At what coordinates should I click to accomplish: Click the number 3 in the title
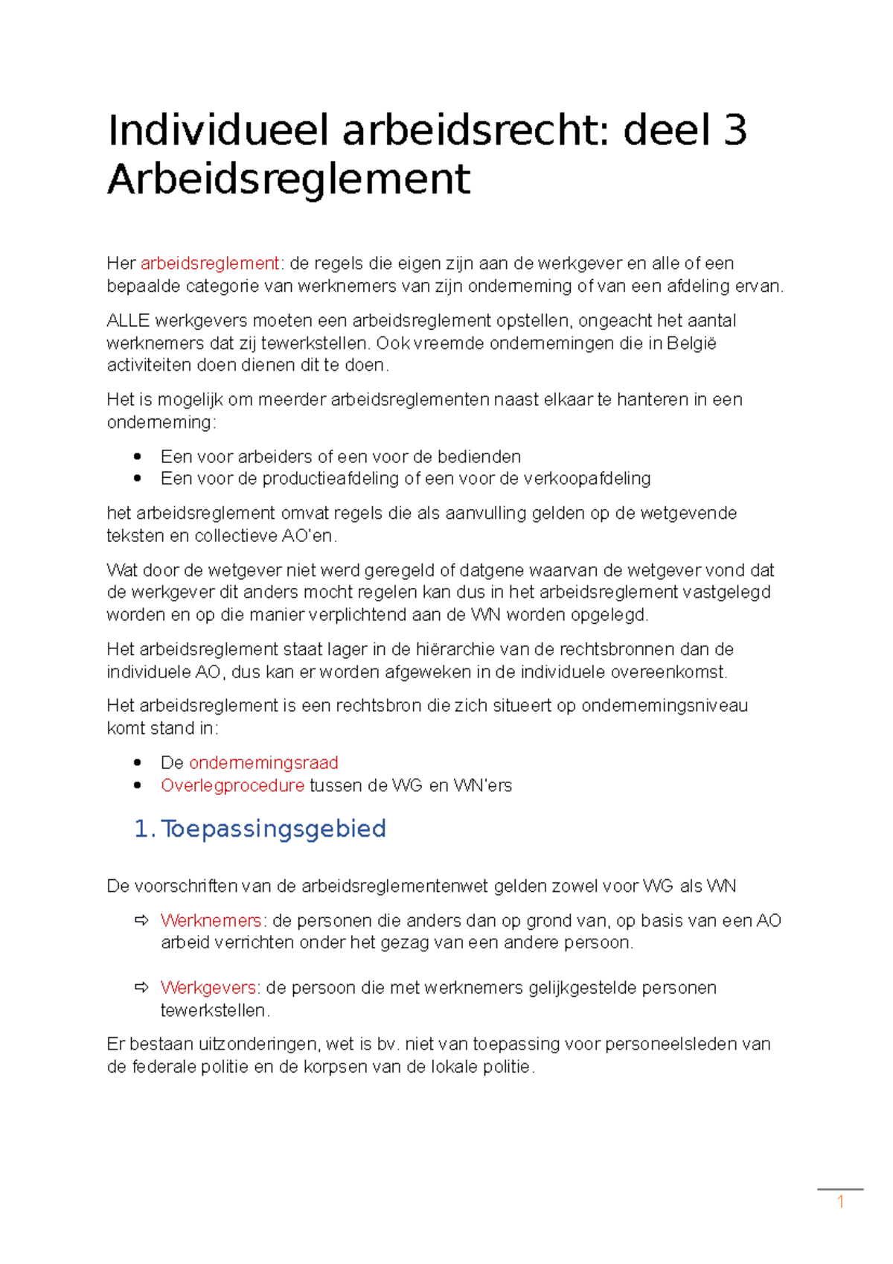click(734, 130)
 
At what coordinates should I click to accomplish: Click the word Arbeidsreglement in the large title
click(289, 179)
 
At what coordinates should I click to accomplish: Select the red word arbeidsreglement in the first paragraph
click(210, 264)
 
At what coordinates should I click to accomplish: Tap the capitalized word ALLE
click(128, 321)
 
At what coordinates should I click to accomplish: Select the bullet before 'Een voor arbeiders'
click(137, 456)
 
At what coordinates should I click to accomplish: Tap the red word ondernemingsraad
click(263, 763)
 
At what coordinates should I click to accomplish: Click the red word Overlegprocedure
click(232, 785)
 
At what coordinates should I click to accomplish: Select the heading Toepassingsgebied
click(274, 829)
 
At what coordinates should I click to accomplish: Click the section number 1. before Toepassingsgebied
click(144, 829)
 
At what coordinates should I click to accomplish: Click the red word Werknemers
click(211, 921)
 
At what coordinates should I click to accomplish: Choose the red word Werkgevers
click(208, 988)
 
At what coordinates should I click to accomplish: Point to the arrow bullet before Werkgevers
click(141, 988)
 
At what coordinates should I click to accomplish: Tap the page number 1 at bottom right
click(840, 1201)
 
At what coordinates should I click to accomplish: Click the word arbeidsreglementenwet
click(394, 887)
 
